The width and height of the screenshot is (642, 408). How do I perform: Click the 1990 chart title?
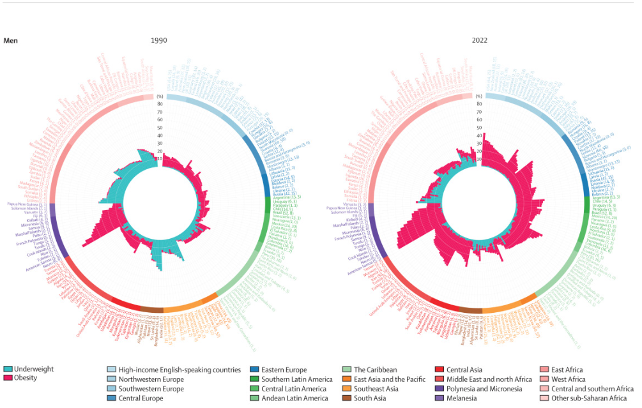pos(159,41)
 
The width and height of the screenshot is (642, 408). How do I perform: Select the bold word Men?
pos(10,41)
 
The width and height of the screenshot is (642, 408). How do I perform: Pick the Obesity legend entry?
pos(26,378)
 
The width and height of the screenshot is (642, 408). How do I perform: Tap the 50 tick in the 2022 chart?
pos(478,128)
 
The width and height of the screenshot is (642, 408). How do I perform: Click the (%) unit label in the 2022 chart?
pos(478,96)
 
